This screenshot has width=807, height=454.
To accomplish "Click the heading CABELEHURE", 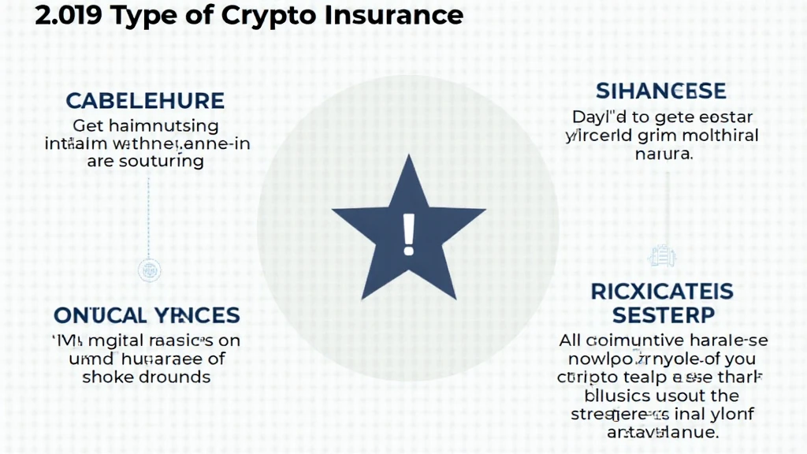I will point(145,101).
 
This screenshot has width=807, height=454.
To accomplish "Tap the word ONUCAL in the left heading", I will point(100,316).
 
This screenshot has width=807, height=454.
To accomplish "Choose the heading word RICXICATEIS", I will point(662,292).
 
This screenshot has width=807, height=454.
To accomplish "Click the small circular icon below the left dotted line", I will point(148,270).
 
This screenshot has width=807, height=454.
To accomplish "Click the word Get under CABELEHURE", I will point(89,125).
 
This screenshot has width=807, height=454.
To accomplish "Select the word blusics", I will point(622,395).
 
